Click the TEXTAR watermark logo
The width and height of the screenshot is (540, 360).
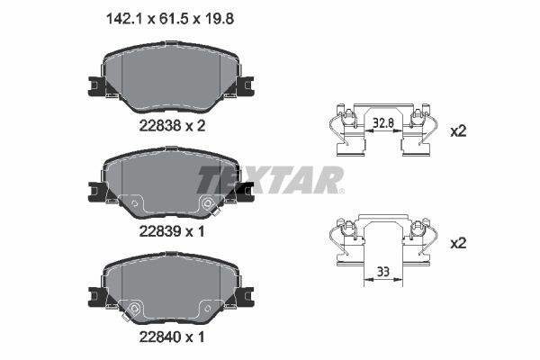pos(270,179)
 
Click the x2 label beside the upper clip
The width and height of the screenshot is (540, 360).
pos(458,130)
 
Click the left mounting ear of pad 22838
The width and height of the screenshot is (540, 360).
pos(96,86)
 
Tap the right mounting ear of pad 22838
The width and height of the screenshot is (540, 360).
pos(245,86)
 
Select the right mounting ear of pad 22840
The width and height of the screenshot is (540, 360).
pos(245,295)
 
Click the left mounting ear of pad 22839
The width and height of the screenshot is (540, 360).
pos(96,191)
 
